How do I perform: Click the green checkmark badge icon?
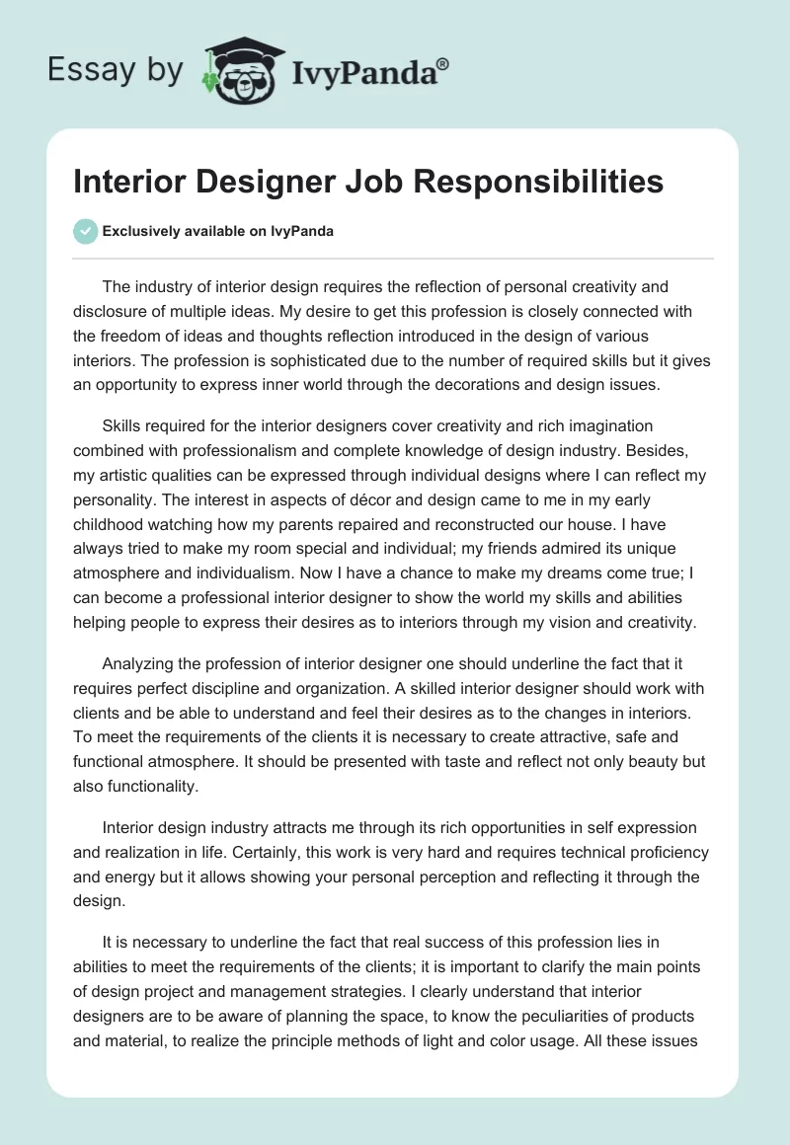pos(86,231)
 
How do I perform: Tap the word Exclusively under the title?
pos(143,232)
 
